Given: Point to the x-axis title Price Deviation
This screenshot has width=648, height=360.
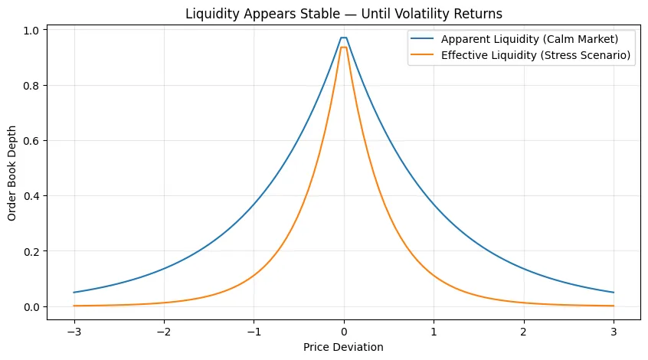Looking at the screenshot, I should (x=344, y=347).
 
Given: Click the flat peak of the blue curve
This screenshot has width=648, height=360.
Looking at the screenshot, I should (x=344, y=38).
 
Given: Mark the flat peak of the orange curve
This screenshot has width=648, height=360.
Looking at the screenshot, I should (x=344, y=47).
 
